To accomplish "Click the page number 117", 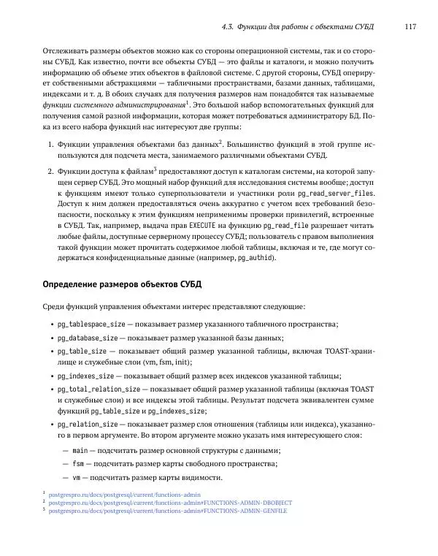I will [410, 27].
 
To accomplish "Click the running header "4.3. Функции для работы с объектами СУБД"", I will [297, 27].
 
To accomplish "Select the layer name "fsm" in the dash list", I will [78, 465].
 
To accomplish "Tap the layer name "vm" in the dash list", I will [77, 478].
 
